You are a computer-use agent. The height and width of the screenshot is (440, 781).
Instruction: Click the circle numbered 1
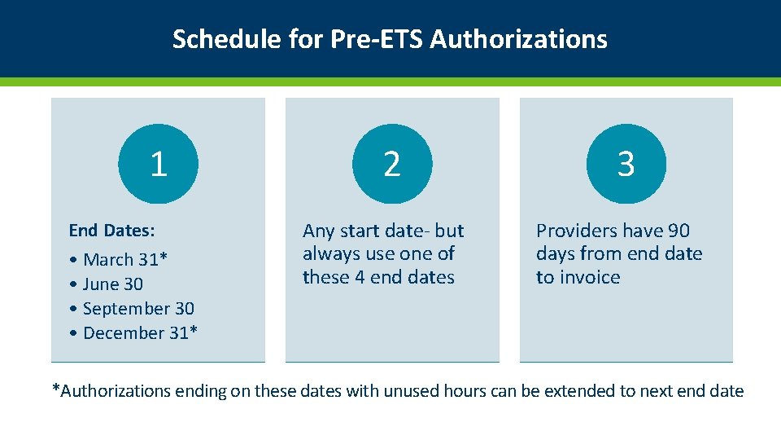[x=158, y=164]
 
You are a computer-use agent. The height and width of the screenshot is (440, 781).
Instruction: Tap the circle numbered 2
[x=391, y=164]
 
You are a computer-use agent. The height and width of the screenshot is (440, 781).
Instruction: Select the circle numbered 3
[x=626, y=164]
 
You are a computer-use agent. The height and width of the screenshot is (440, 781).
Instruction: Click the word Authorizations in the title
[x=518, y=39]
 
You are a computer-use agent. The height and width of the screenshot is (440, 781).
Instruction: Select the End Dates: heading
[x=111, y=231]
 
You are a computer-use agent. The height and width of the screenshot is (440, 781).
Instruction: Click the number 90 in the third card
[x=678, y=231]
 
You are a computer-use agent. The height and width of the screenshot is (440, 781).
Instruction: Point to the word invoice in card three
[x=590, y=278]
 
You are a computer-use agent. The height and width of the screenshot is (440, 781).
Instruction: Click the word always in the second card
[x=330, y=254]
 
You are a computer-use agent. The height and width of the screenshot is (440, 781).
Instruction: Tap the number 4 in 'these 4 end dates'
[x=359, y=278]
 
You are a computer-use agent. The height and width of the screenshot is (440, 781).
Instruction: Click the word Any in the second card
[x=317, y=231]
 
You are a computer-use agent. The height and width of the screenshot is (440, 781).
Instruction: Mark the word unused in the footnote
[x=412, y=391]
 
